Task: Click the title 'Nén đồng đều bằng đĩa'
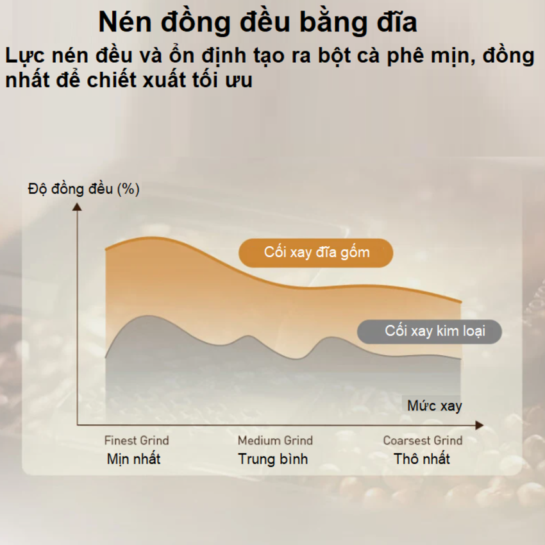[x=258, y=22]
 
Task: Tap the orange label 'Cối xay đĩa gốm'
[x=316, y=253]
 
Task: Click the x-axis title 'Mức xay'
[x=434, y=406]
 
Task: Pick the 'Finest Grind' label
[x=137, y=440]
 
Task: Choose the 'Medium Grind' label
[x=275, y=440]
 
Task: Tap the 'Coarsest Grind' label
[x=423, y=440]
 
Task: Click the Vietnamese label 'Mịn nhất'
[x=133, y=459]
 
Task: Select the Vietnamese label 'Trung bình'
[x=273, y=459]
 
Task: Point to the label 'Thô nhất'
[x=422, y=459]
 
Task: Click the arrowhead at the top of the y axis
[x=78, y=206]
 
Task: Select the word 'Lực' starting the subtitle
[x=24, y=56]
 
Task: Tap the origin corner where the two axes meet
[x=78, y=424]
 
